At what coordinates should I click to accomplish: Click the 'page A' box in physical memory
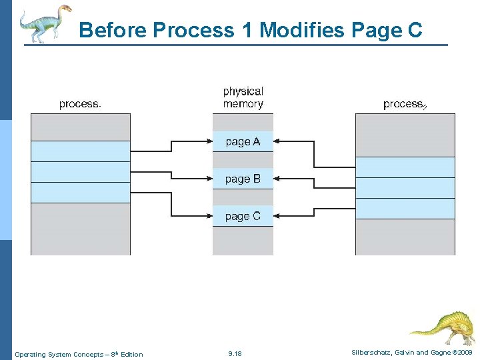coord(243,141)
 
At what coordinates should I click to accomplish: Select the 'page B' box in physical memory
coord(243,179)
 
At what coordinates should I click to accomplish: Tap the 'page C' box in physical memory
coord(243,216)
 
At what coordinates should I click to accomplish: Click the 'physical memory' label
coord(243,97)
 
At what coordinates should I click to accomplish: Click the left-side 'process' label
coord(80,104)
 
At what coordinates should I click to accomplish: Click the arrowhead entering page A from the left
coord(209,141)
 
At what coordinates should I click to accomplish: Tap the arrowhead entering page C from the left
coord(209,216)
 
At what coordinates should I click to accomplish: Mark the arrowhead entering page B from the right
coord(277,179)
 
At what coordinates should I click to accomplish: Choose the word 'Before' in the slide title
coord(113,30)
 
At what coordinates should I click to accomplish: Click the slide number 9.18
coord(235,354)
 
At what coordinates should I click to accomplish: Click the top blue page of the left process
coord(81,151)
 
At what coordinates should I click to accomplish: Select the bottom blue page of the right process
coord(405,209)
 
